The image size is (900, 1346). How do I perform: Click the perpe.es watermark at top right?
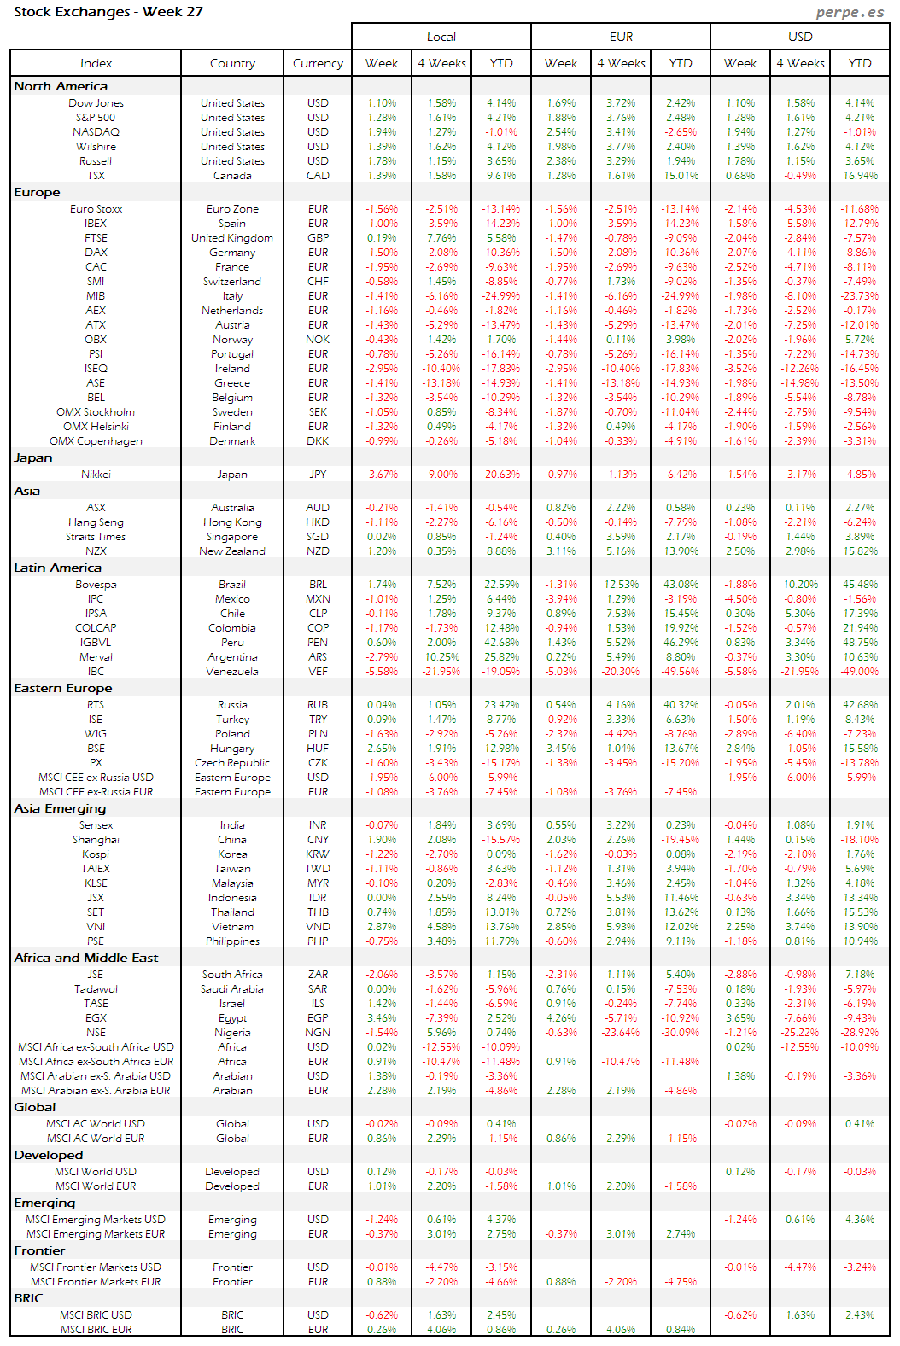pyautogui.click(x=849, y=12)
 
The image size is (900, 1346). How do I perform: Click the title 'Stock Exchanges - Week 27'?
pyautogui.click(x=108, y=12)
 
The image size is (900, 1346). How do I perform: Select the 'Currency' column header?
pyautogui.click(x=318, y=63)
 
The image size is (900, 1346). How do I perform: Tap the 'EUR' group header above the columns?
pyautogui.click(x=621, y=37)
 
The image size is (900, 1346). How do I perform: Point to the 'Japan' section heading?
pyautogui.click(x=33, y=458)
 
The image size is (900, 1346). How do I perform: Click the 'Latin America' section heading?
pyautogui.click(x=57, y=568)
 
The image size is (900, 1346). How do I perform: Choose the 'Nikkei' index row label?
pyautogui.click(x=96, y=475)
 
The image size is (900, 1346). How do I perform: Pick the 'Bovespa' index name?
pyautogui.click(x=96, y=585)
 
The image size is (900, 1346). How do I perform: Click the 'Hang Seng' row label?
pyautogui.click(x=96, y=522)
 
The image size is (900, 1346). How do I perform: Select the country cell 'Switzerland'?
pyautogui.click(x=232, y=282)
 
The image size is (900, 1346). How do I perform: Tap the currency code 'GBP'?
pyautogui.click(x=318, y=238)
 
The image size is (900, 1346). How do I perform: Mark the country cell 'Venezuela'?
pyautogui.click(x=232, y=672)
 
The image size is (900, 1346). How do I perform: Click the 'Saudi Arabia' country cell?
pyautogui.click(x=232, y=989)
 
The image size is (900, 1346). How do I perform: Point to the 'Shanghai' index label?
pyautogui.click(x=96, y=840)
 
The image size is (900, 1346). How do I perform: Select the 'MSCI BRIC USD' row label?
pyautogui.click(x=96, y=1315)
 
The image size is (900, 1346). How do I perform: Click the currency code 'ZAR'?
pyautogui.click(x=318, y=975)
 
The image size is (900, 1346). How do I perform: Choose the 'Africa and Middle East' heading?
pyautogui.click(x=86, y=959)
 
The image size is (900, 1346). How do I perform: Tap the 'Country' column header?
pyautogui.click(x=232, y=63)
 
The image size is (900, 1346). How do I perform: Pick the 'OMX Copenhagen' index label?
pyautogui.click(x=96, y=441)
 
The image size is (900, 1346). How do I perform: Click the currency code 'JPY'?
pyautogui.click(x=318, y=475)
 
